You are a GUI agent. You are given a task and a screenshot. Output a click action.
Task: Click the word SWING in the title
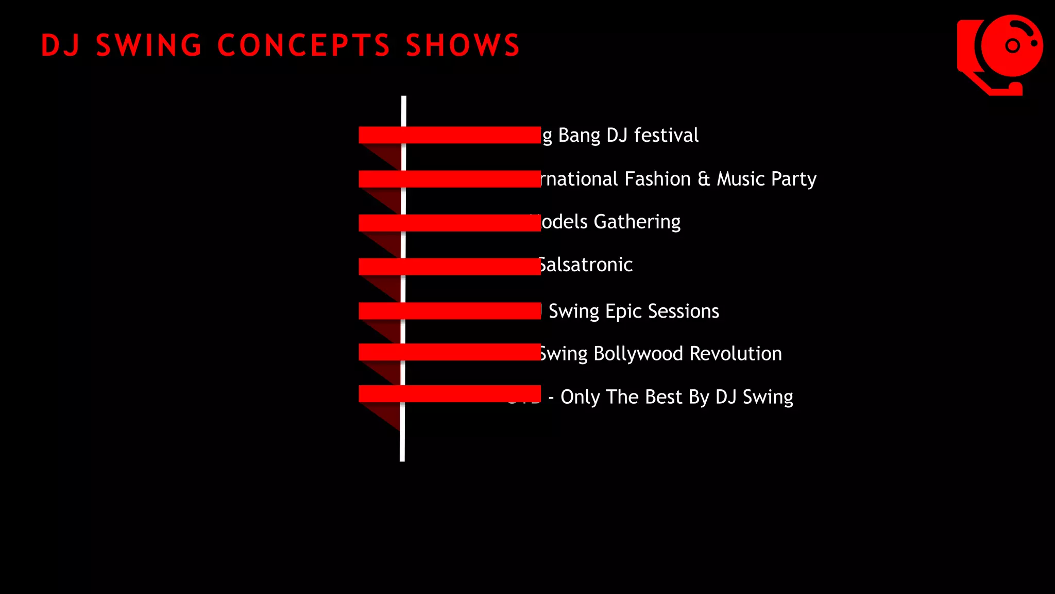click(x=149, y=45)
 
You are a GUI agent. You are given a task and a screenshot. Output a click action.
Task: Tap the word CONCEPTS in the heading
click(x=304, y=45)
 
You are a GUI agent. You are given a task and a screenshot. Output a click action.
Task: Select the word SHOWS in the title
click(x=463, y=45)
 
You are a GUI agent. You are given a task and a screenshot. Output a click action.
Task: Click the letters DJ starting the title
click(x=61, y=45)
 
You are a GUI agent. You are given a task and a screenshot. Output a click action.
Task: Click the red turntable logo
click(x=1000, y=55)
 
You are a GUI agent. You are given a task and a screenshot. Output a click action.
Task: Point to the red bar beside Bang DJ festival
click(x=449, y=135)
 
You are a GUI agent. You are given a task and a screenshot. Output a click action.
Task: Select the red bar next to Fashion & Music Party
click(x=449, y=179)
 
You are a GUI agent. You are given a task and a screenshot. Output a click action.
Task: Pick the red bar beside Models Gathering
click(x=449, y=223)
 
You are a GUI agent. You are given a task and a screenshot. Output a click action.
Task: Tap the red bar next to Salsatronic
click(x=449, y=267)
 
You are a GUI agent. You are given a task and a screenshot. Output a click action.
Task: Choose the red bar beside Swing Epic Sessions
click(x=449, y=311)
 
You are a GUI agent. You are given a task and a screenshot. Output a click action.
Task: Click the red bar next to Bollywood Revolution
click(x=449, y=352)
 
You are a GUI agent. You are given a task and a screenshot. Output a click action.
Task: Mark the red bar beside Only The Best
click(x=449, y=393)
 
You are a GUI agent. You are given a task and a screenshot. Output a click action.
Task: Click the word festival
click(x=666, y=135)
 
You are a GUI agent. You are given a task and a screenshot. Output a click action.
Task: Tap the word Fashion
click(x=657, y=179)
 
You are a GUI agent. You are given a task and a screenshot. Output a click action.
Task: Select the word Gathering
click(x=637, y=222)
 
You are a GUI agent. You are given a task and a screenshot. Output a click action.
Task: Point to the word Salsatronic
click(x=586, y=265)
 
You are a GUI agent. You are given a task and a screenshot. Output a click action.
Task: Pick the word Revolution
click(x=736, y=354)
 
